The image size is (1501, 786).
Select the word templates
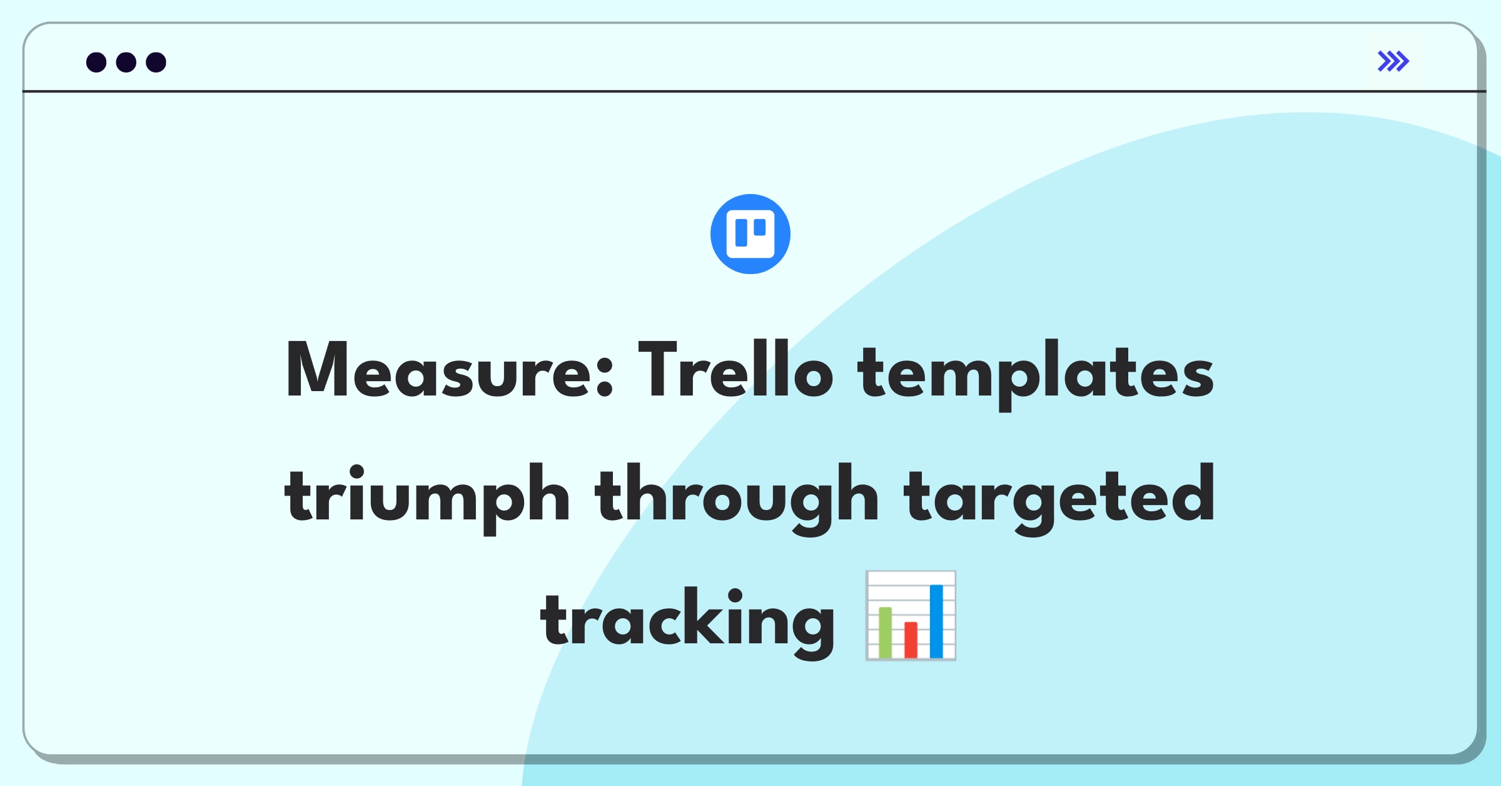pyautogui.click(x=1035, y=375)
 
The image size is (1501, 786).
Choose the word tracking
pyautogui.click(x=688, y=623)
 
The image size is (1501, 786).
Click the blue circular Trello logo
pyautogui.click(x=750, y=234)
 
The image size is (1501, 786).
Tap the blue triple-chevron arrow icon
pyautogui.click(x=1393, y=61)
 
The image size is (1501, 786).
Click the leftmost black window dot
pyautogui.click(x=96, y=62)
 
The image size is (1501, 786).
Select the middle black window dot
pyautogui.click(x=126, y=62)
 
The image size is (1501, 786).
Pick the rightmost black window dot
pyautogui.click(x=156, y=62)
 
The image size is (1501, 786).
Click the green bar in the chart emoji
pyautogui.click(x=885, y=632)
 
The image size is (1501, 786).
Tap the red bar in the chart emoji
pyautogui.click(x=911, y=640)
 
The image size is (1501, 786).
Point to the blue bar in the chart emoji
pyautogui.click(x=936, y=621)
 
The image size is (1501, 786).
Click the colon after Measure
pyautogui.click(x=605, y=378)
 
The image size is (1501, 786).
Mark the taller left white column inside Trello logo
pyautogui.click(x=742, y=233)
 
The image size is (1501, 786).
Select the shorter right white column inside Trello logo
pyautogui.click(x=760, y=227)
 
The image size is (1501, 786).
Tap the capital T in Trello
pyautogui.click(x=657, y=369)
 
